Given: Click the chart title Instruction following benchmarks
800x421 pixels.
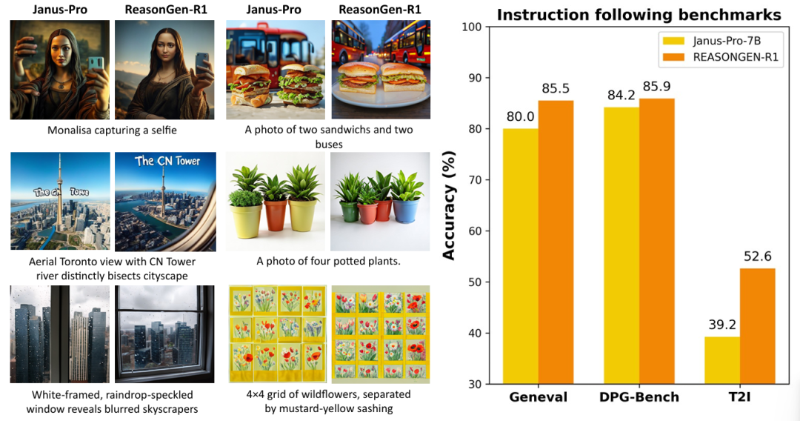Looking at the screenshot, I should tap(638, 15).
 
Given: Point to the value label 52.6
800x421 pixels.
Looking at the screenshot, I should tap(757, 256).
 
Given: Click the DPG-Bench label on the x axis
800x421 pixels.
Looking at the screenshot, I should tap(639, 397).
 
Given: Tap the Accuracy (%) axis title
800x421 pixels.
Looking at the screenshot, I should tap(449, 206).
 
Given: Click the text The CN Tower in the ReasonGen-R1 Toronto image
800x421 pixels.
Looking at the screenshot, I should tap(168, 161).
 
